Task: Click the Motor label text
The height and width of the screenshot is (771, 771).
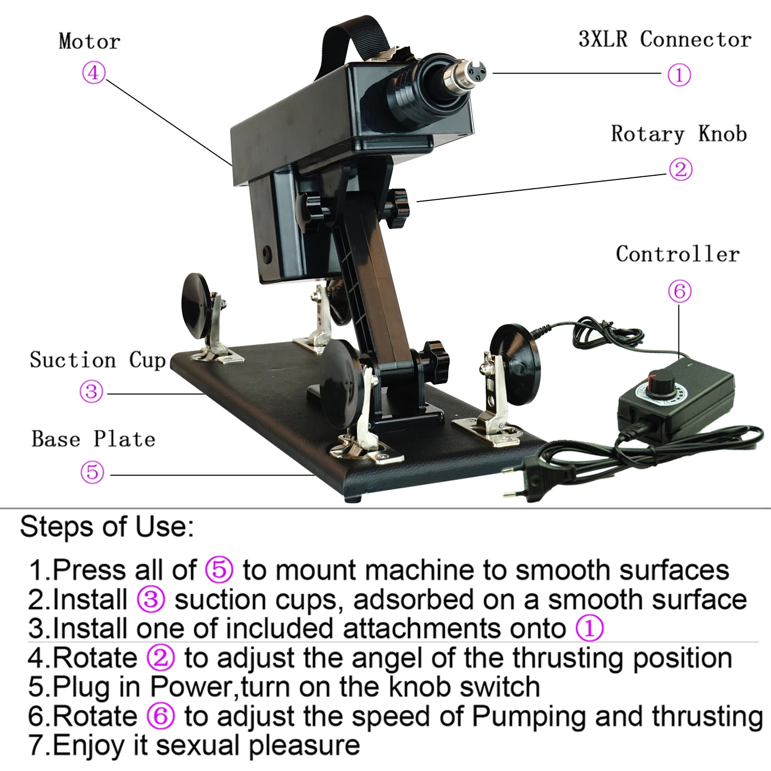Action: pyautogui.click(x=89, y=41)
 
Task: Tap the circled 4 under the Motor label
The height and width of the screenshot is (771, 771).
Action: pyautogui.click(x=94, y=72)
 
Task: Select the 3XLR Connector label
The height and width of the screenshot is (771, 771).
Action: pyautogui.click(x=664, y=39)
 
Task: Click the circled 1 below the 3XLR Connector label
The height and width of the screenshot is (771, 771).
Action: pyautogui.click(x=678, y=75)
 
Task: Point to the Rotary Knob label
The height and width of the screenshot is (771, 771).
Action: pyautogui.click(x=678, y=134)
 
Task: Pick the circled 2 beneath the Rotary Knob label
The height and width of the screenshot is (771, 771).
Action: pyautogui.click(x=681, y=169)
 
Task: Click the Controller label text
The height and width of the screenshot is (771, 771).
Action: pyautogui.click(x=677, y=254)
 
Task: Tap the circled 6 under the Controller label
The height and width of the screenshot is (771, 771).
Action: pyautogui.click(x=680, y=291)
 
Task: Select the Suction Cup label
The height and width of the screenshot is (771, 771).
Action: pyautogui.click(x=97, y=360)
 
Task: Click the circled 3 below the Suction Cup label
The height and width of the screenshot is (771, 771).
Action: pyautogui.click(x=91, y=392)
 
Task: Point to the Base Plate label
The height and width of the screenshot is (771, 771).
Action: pyautogui.click(x=93, y=439)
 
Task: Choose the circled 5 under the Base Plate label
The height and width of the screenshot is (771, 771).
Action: pyautogui.click(x=93, y=472)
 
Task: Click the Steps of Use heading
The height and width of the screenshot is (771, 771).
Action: pyautogui.click(x=107, y=527)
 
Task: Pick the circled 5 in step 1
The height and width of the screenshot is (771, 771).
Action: pyautogui.click(x=219, y=570)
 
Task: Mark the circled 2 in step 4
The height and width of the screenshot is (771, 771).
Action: pyautogui.click(x=160, y=658)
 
